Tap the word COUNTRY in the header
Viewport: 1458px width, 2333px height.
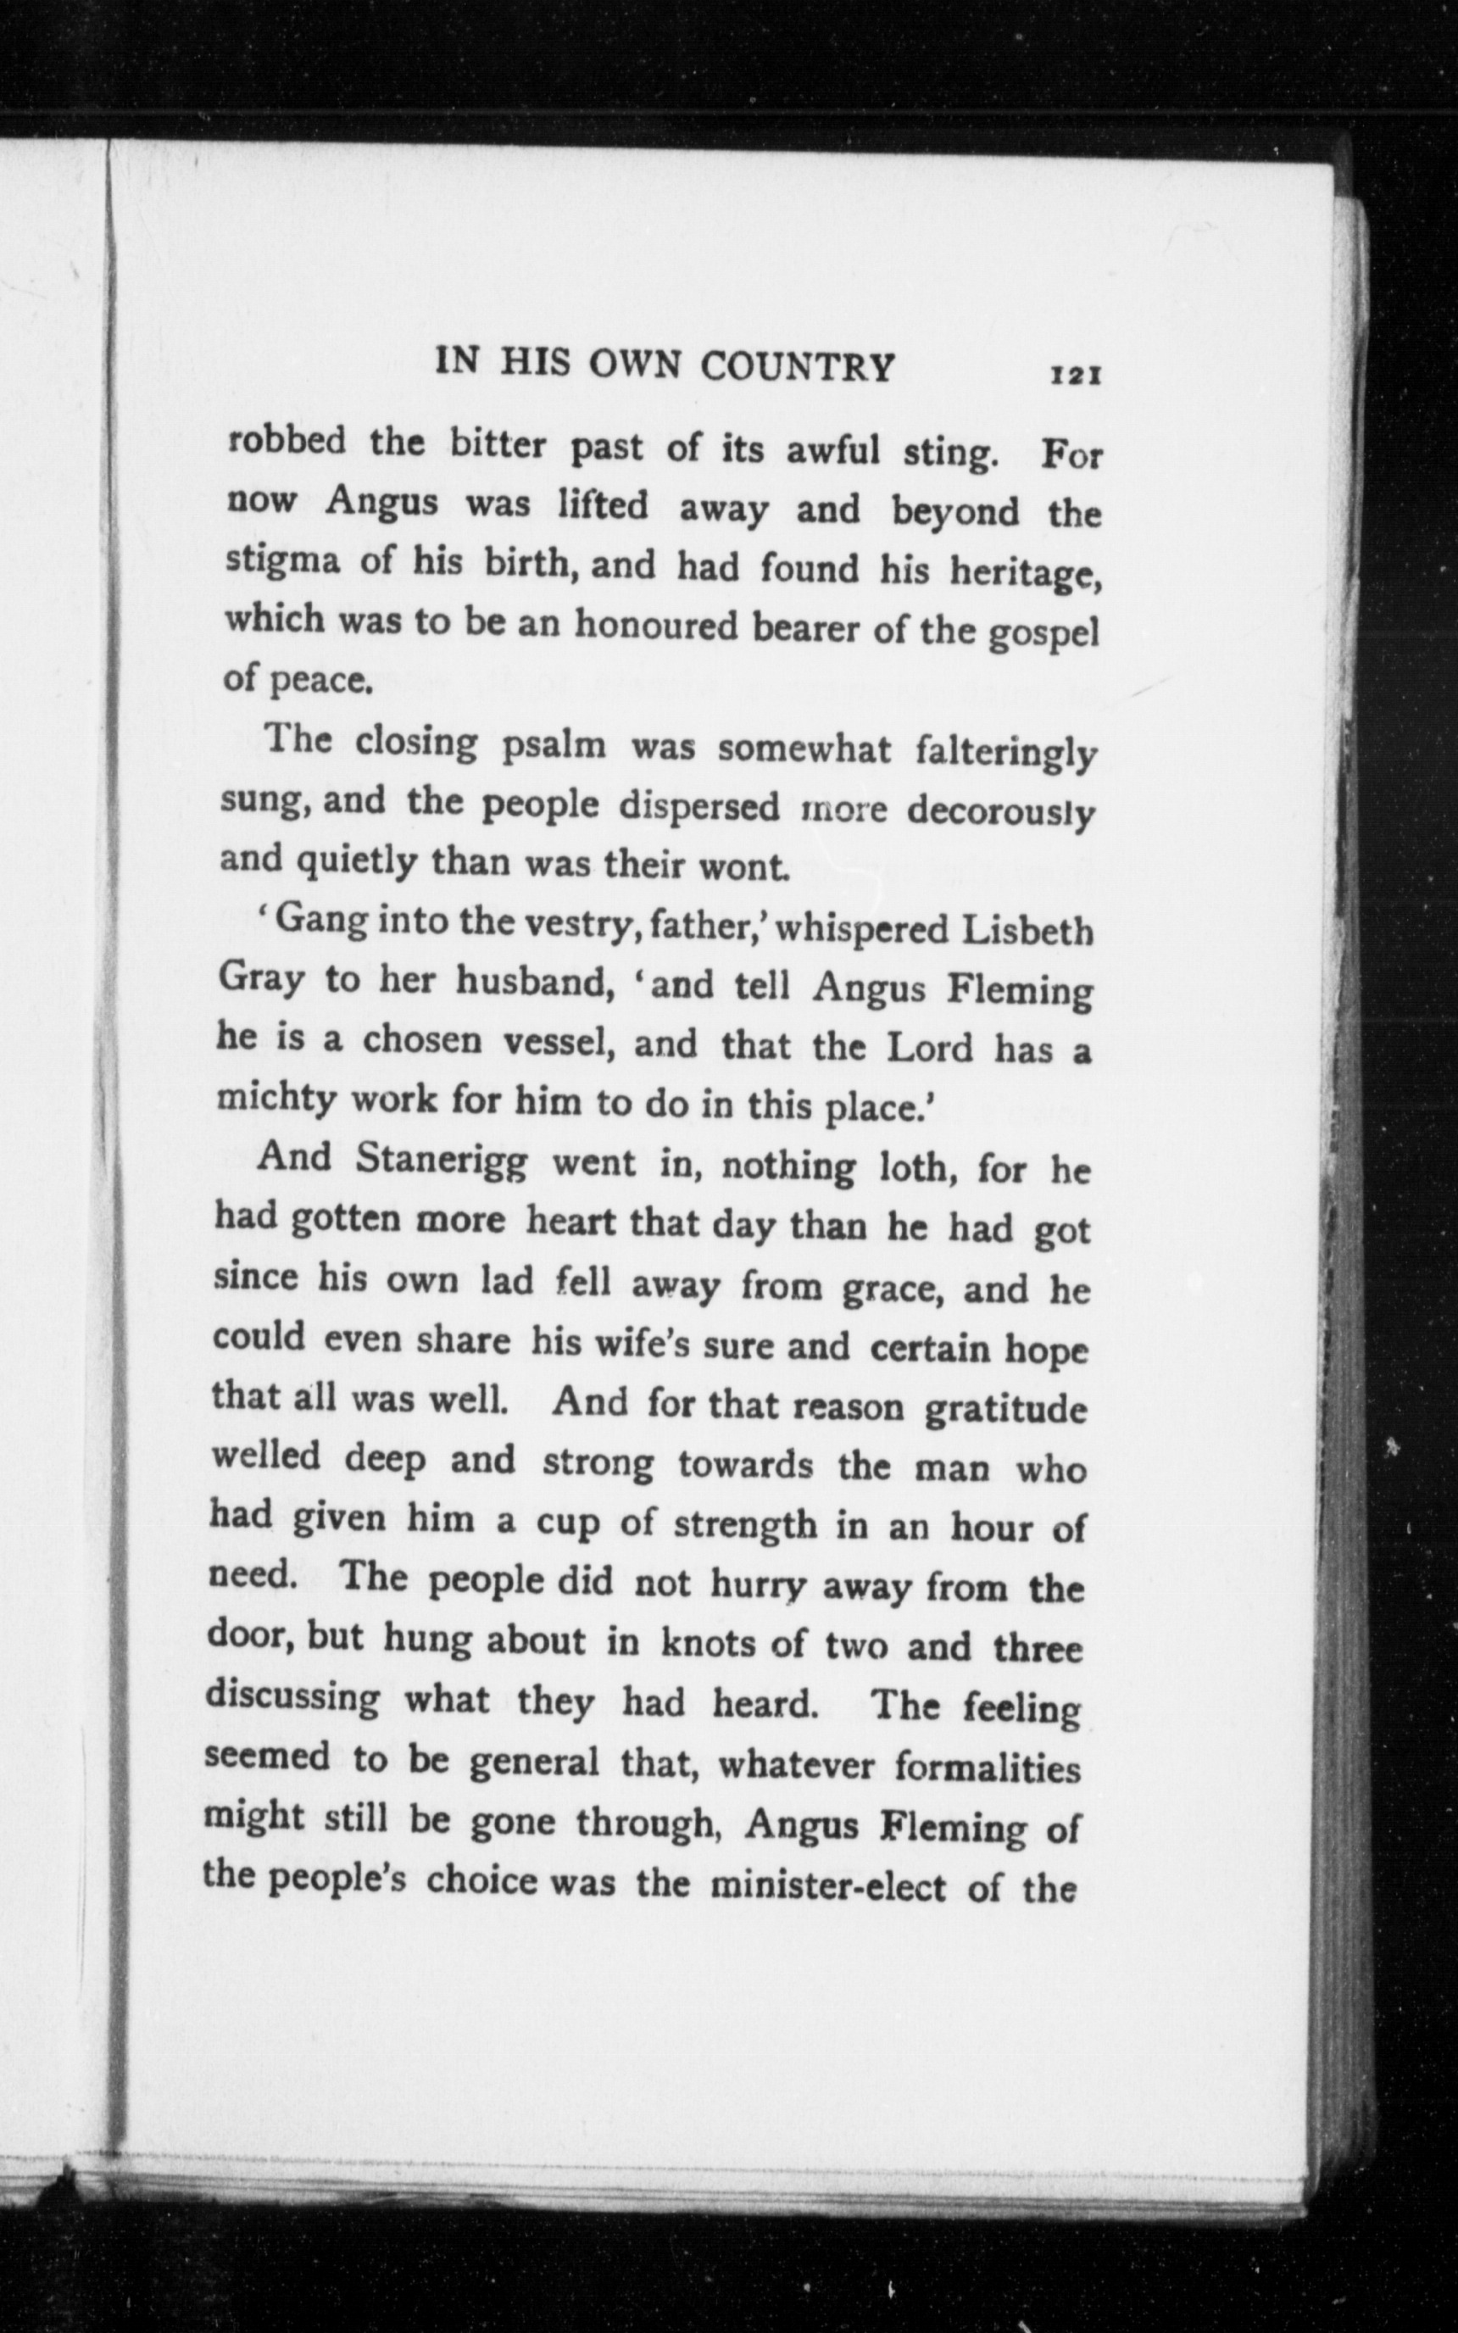point(797,367)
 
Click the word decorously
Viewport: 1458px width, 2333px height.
point(1001,813)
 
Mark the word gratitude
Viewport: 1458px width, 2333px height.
point(1004,1410)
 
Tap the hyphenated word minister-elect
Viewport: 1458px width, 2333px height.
point(827,1884)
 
